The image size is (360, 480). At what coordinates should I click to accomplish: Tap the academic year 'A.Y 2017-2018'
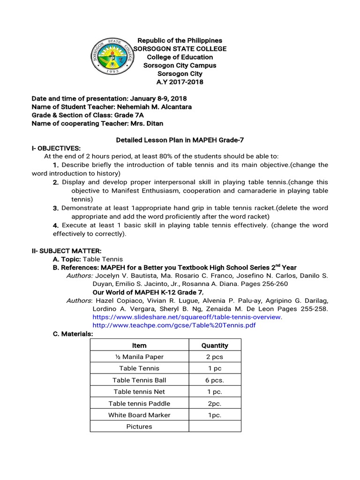pyautogui.click(x=180, y=82)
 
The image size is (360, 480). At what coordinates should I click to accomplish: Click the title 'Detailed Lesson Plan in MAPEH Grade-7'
pyautogui.click(x=180, y=140)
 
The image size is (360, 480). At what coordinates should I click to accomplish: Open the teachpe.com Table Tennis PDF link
pyautogui.click(x=174, y=325)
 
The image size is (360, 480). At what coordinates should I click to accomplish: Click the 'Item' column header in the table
pyautogui.click(x=139, y=345)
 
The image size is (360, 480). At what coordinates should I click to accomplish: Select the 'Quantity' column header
pyautogui.click(x=215, y=345)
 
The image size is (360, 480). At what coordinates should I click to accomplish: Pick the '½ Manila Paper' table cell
pyautogui.click(x=139, y=357)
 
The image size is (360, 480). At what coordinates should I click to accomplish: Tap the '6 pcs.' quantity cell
pyautogui.click(x=215, y=380)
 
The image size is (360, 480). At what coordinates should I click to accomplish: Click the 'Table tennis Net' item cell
pyautogui.click(x=139, y=392)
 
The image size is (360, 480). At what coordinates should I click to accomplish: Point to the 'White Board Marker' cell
pyautogui.click(x=139, y=415)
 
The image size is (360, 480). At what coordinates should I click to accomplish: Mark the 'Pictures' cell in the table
pyautogui.click(x=139, y=427)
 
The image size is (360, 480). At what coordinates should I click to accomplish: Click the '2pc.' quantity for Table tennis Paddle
pyautogui.click(x=215, y=404)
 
